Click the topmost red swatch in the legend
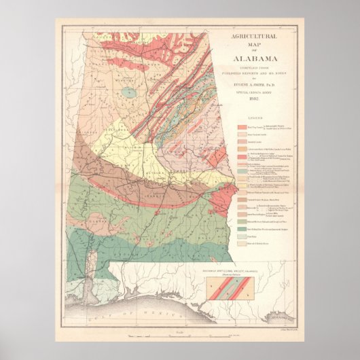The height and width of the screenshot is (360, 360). pyautogui.click(x=242, y=127)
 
